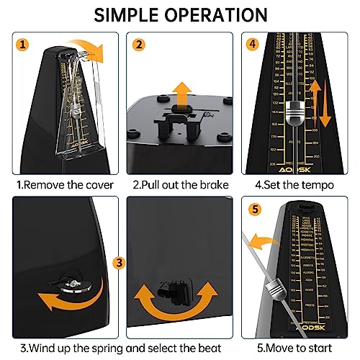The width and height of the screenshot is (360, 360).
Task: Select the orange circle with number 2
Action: point(138,44)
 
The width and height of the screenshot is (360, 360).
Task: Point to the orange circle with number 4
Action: point(252,44)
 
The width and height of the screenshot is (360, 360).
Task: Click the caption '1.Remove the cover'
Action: point(60,185)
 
